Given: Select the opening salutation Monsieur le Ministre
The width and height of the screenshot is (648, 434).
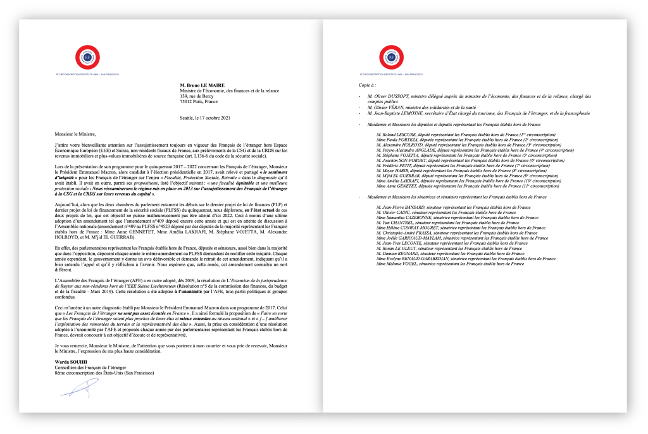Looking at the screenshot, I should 74,135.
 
